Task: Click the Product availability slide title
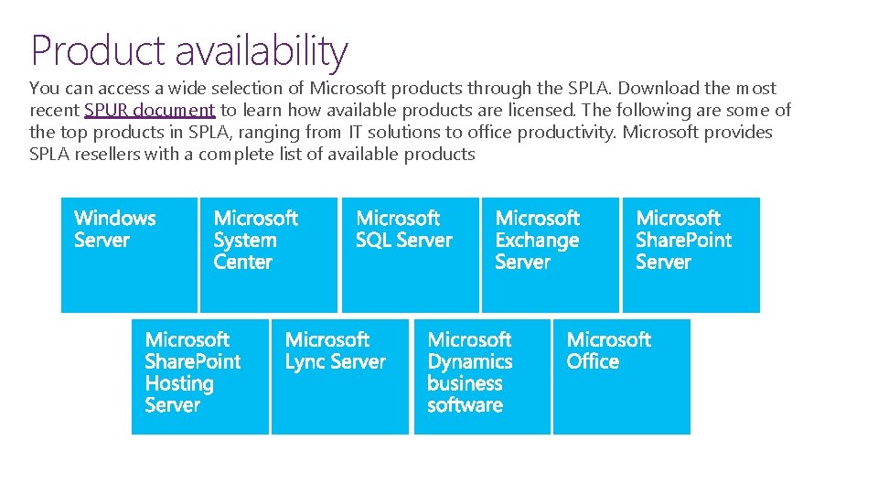click(189, 50)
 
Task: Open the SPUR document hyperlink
click(149, 111)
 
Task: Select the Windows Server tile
click(129, 254)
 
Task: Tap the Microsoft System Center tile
click(269, 254)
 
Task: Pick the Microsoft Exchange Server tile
click(550, 254)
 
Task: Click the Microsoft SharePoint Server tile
click(691, 254)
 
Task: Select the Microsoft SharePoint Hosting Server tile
click(200, 376)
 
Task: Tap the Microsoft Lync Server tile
click(340, 376)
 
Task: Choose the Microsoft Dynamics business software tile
click(482, 376)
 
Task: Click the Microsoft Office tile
click(622, 376)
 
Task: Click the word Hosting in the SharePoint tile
click(179, 383)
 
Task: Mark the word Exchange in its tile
click(537, 241)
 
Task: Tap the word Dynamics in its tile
click(470, 361)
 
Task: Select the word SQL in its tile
click(373, 241)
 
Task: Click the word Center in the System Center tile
click(242, 263)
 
